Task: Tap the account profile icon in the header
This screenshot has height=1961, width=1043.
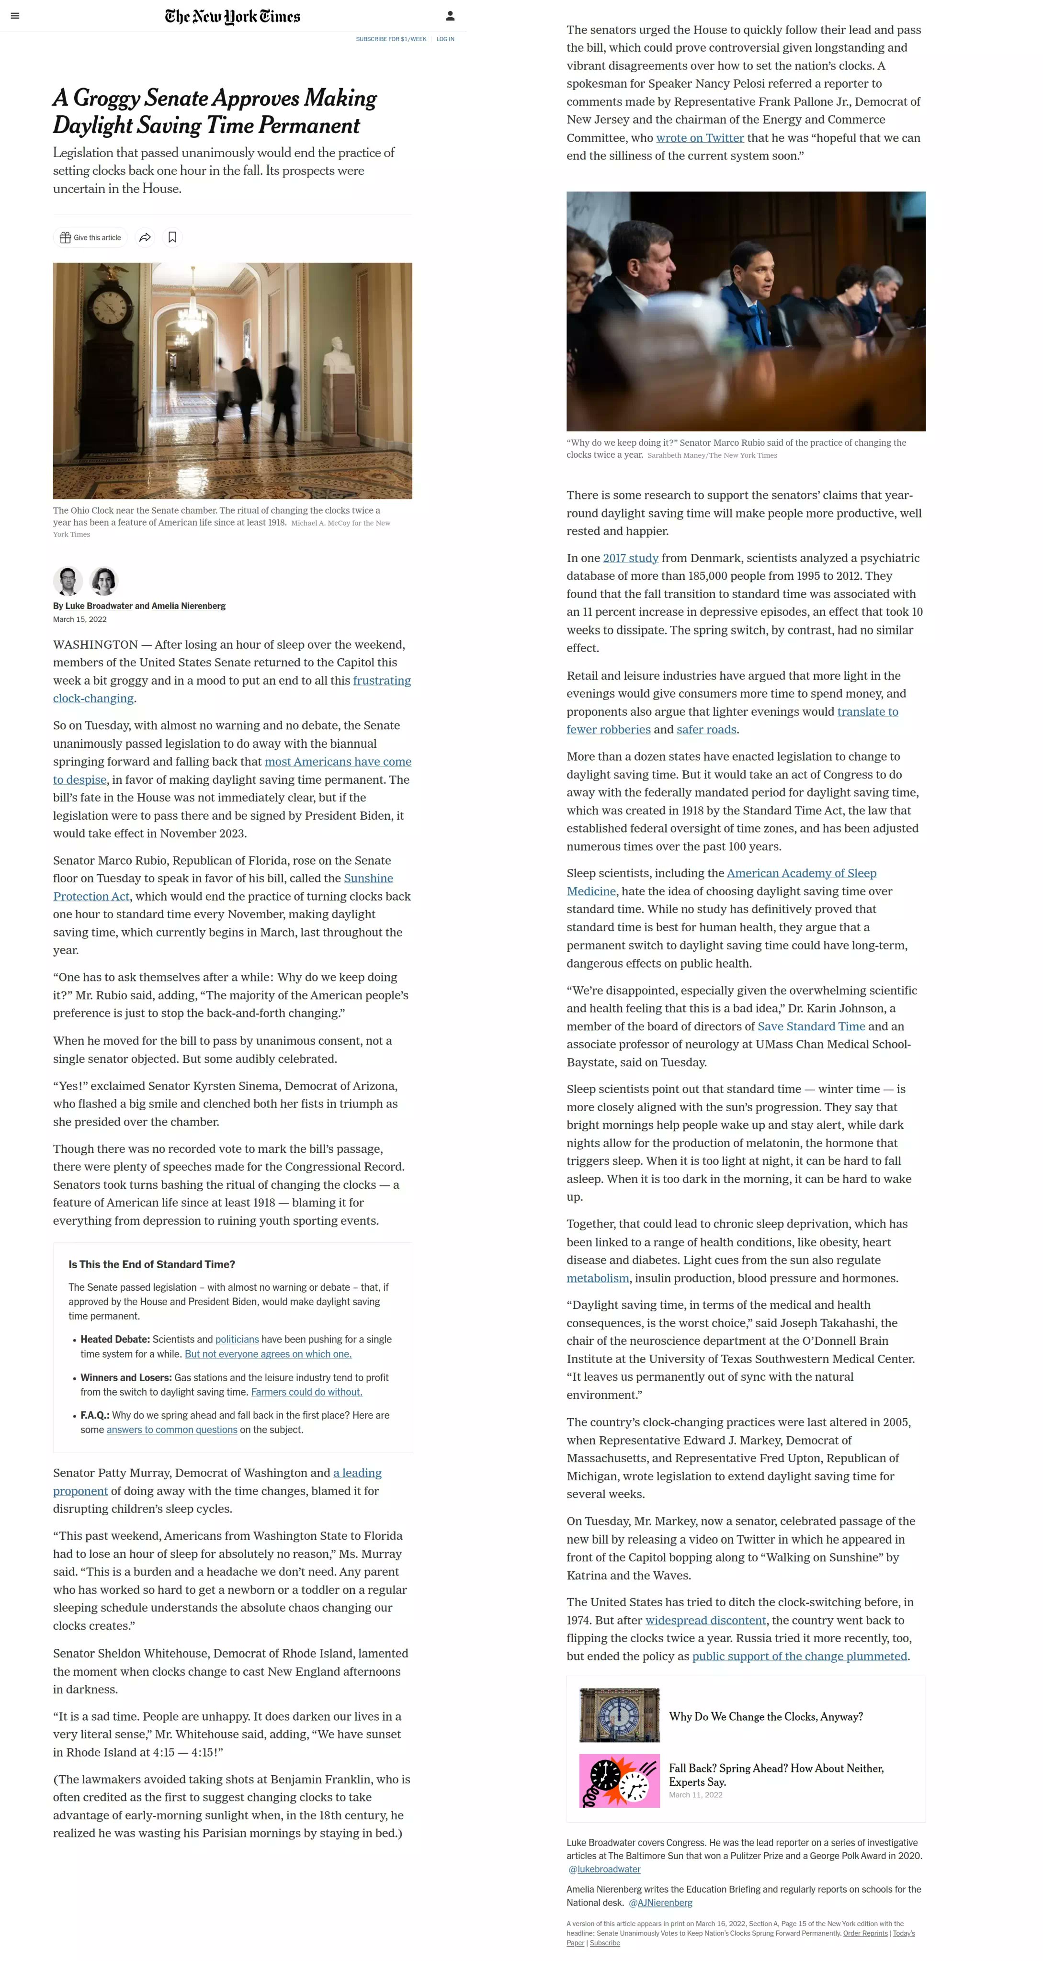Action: point(450,16)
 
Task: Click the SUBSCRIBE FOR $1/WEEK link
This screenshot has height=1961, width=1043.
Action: point(391,39)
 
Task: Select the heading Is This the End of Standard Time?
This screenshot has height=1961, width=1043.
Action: point(151,1264)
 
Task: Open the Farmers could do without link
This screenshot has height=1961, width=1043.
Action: point(306,1392)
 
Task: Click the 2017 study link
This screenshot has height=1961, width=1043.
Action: point(630,558)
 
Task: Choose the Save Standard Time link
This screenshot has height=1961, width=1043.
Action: point(811,1026)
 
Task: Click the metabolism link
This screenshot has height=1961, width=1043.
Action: point(598,1278)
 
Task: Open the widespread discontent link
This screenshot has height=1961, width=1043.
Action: point(705,1620)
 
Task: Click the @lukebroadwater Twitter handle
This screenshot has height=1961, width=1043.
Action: point(604,1869)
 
